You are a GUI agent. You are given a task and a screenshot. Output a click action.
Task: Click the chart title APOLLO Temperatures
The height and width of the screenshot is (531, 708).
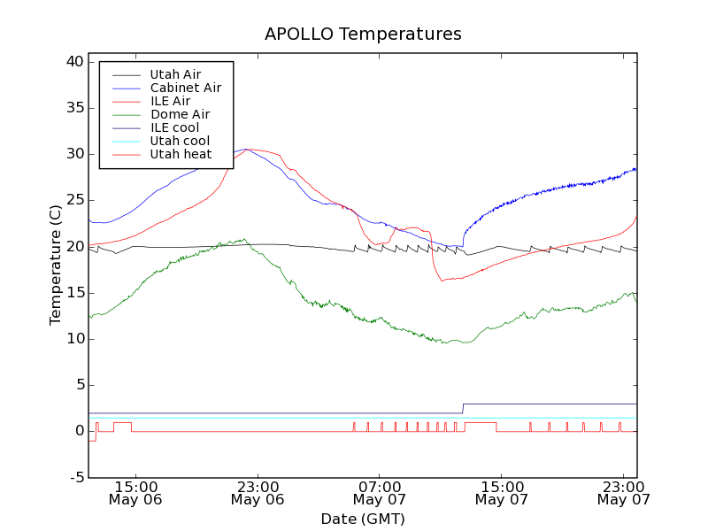pyautogui.click(x=363, y=35)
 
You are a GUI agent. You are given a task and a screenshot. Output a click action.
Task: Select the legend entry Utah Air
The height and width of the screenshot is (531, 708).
pyautogui.click(x=175, y=74)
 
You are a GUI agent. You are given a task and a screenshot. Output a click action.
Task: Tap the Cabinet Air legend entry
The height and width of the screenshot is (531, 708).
pyautogui.click(x=185, y=88)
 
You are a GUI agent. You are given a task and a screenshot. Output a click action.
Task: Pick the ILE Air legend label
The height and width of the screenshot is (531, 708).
pyautogui.click(x=170, y=101)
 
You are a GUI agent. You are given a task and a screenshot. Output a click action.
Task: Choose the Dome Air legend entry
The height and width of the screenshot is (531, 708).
pyautogui.click(x=180, y=114)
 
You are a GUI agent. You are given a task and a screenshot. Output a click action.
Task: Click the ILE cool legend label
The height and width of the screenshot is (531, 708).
pyautogui.click(x=174, y=127)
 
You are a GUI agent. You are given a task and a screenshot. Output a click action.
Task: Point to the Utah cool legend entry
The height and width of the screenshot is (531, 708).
pyautogui.click(x=180, y=141)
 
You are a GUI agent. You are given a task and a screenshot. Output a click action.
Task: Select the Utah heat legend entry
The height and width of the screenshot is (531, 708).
pyautogui.click(x=181, y=154)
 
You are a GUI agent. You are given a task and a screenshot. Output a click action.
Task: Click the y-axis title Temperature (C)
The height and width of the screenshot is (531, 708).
pyautogui.click(x=56, y=265)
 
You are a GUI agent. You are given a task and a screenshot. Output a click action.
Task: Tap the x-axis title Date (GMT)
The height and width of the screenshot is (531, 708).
pyautogui.click(x=363, y=519)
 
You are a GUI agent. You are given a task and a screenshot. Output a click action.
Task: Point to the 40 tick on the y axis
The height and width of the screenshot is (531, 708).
pyautogui.click(x=73, y=62)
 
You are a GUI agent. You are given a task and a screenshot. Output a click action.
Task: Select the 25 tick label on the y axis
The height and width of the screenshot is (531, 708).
pyautogui.click(x=73, y=200)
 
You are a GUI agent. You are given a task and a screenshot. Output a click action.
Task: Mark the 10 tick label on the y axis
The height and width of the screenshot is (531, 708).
pyautogui.click(x=73, y=339)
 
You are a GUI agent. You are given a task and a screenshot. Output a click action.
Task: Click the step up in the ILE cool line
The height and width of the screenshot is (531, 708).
pyautogui.click(x=463, y=408)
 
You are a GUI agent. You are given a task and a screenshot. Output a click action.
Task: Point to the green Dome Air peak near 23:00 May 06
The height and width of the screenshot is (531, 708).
pyautogui.click(x=244, y=239)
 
